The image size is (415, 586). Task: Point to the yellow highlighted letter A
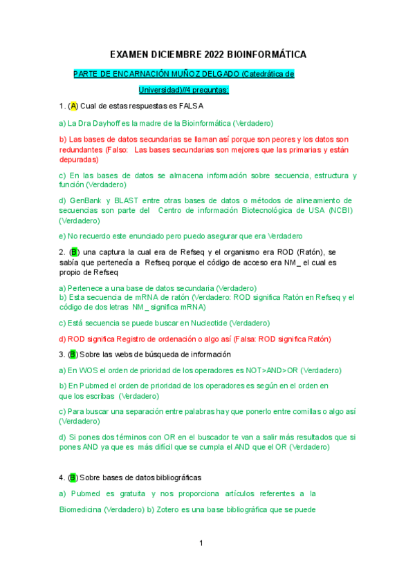pyautogui.click(x=73, y=106)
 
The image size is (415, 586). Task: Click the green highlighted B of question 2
pyautogui.click(x=75, y=252)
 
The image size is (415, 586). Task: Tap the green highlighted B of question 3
pyautogui.click(x=73, y=355)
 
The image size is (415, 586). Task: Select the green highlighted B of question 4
pyautogui.click(x=73, y=478)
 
